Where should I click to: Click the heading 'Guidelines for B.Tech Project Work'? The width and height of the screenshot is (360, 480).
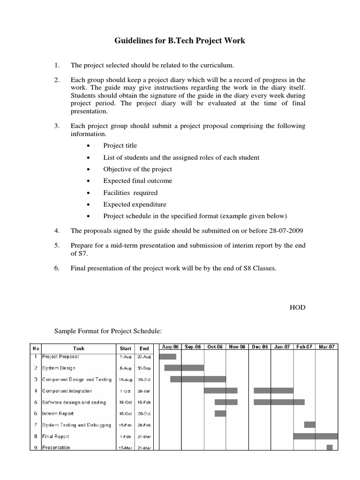coord(180,41)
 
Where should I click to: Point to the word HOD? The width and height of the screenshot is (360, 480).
coord(298,307)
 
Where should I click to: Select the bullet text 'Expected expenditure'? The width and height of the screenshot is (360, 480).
coord(135,204)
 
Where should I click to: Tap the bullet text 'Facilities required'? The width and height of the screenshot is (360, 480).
coord(130,193)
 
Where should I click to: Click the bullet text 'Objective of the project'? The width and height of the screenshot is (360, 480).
coord(137,169)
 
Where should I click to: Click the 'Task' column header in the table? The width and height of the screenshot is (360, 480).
coord(79,348)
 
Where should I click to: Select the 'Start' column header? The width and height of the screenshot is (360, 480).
coord(126,348)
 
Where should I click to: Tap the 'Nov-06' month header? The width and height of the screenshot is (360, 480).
coord(237,347)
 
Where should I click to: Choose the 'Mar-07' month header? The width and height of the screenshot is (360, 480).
coord(326,347)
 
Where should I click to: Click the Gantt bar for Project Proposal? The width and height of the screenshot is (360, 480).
coord(167,357)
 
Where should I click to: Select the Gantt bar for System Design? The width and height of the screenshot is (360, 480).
coord(184,368)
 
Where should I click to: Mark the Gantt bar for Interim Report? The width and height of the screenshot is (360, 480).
coord(220,413)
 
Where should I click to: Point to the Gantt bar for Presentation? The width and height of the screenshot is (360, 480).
coord(330,447)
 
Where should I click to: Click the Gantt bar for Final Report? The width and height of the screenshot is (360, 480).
coord(315,436)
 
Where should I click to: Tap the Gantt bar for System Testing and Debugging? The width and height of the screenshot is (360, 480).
coord(310,425)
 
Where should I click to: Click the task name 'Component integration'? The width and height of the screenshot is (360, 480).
coord(67,391)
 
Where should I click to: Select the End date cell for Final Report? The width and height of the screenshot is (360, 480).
coord(144,436)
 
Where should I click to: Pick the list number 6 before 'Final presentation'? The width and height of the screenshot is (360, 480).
coord(56,268)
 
